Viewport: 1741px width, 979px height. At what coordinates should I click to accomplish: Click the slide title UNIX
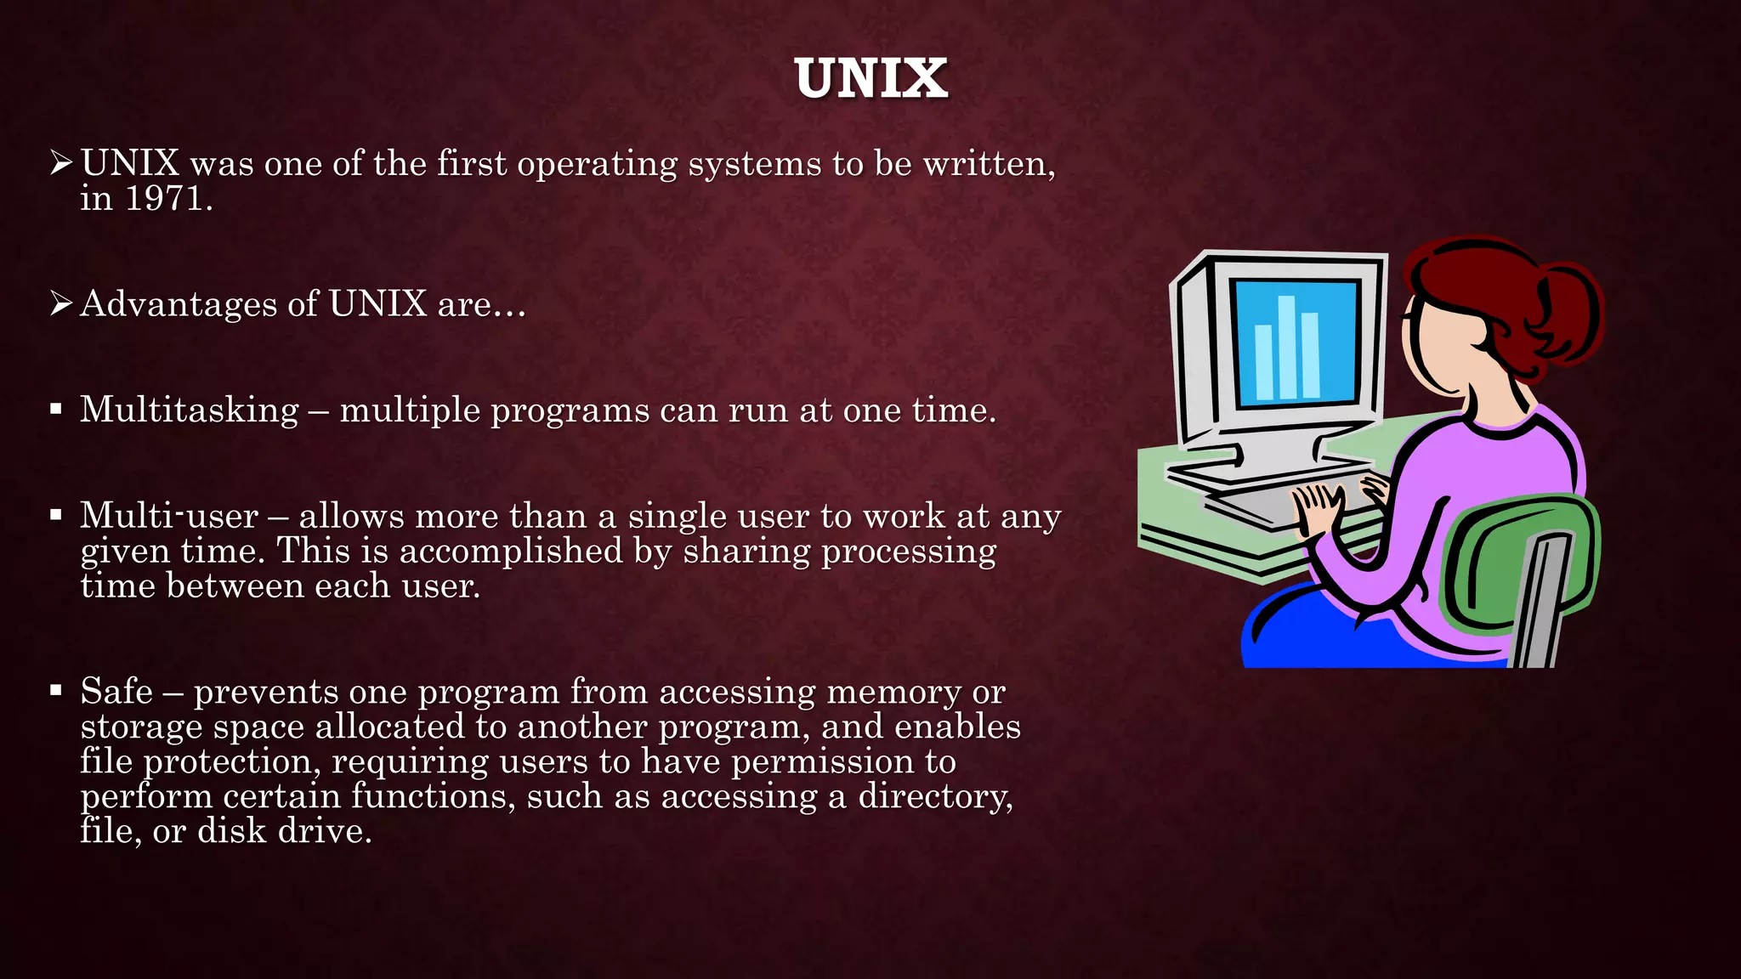[x=870, y=78]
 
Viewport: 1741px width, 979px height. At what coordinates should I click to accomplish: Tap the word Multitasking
[x=190, y=410]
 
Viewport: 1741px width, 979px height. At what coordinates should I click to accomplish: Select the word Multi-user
[x=169, y=516]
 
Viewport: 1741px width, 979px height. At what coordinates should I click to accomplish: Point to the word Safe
[x=116, y=691]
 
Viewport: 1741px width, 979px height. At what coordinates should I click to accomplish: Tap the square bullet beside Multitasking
[x=56, y=410]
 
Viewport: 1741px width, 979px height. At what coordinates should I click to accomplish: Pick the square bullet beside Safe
[x=56, y=690]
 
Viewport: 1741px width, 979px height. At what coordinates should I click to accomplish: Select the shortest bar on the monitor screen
[x=1264, y=363]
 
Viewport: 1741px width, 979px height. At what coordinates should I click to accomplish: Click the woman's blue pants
[x=1326, y=633]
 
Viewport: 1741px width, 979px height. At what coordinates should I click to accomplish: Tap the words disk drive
[x=284, y=831]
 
